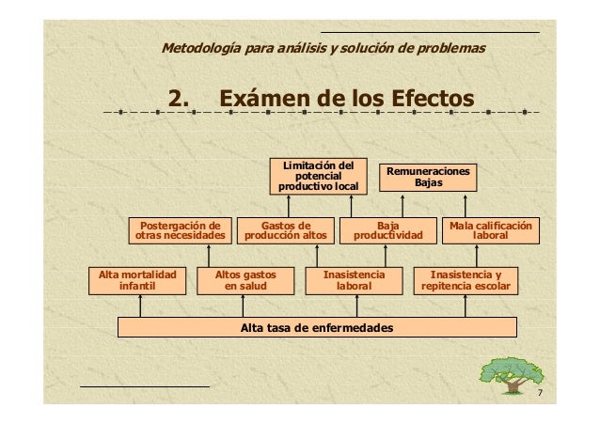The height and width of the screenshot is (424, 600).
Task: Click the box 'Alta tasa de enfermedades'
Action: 316,327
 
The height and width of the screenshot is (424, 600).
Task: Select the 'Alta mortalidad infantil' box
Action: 138,280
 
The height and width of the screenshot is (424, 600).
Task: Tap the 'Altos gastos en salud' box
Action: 245,280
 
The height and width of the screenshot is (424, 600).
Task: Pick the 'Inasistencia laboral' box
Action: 354,280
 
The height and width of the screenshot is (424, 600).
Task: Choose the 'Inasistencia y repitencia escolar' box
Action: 466,280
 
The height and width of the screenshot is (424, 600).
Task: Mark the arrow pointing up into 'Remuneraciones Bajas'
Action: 466,205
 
